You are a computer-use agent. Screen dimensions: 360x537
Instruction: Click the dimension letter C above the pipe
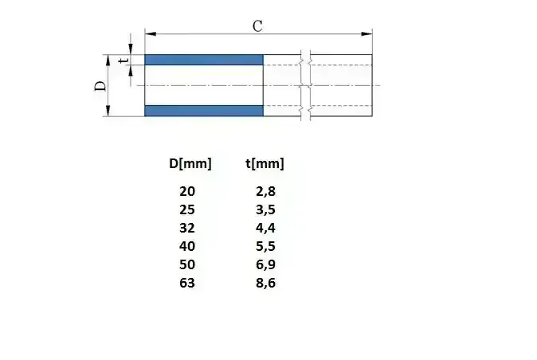(257, 25)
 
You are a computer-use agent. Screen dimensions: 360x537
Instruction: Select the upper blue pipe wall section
(204, 60)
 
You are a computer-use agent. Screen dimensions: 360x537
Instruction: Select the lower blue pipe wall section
(204, 111)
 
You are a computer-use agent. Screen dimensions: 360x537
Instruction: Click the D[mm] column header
(190, 164)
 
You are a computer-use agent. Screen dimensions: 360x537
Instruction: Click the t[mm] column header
(265, 164)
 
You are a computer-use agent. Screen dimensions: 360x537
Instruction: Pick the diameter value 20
(186, 191)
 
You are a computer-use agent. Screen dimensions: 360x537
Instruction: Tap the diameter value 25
(186, 209)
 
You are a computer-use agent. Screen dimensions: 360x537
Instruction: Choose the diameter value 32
(186, 228)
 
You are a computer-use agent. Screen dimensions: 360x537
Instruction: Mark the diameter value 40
(186, 246)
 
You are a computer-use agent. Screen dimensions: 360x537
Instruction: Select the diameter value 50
(186, 264)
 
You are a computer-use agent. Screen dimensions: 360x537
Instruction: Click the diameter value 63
(186, 283)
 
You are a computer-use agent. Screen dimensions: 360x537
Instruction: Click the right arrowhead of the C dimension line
(367, 33)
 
